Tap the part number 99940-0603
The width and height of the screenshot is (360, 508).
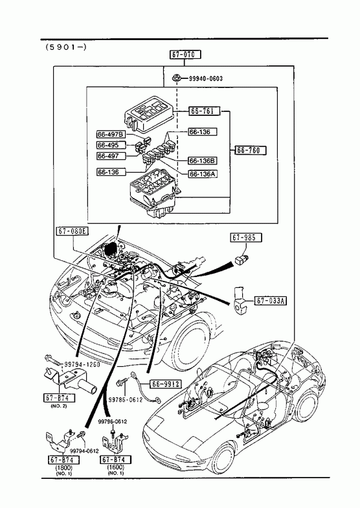coord(206,78)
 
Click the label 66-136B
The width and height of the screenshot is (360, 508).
coord(203,160)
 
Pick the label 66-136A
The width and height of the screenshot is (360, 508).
coord(203,174)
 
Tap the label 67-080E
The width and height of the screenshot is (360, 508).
coord(73,231)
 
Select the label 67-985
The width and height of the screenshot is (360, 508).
coord(246,237)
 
